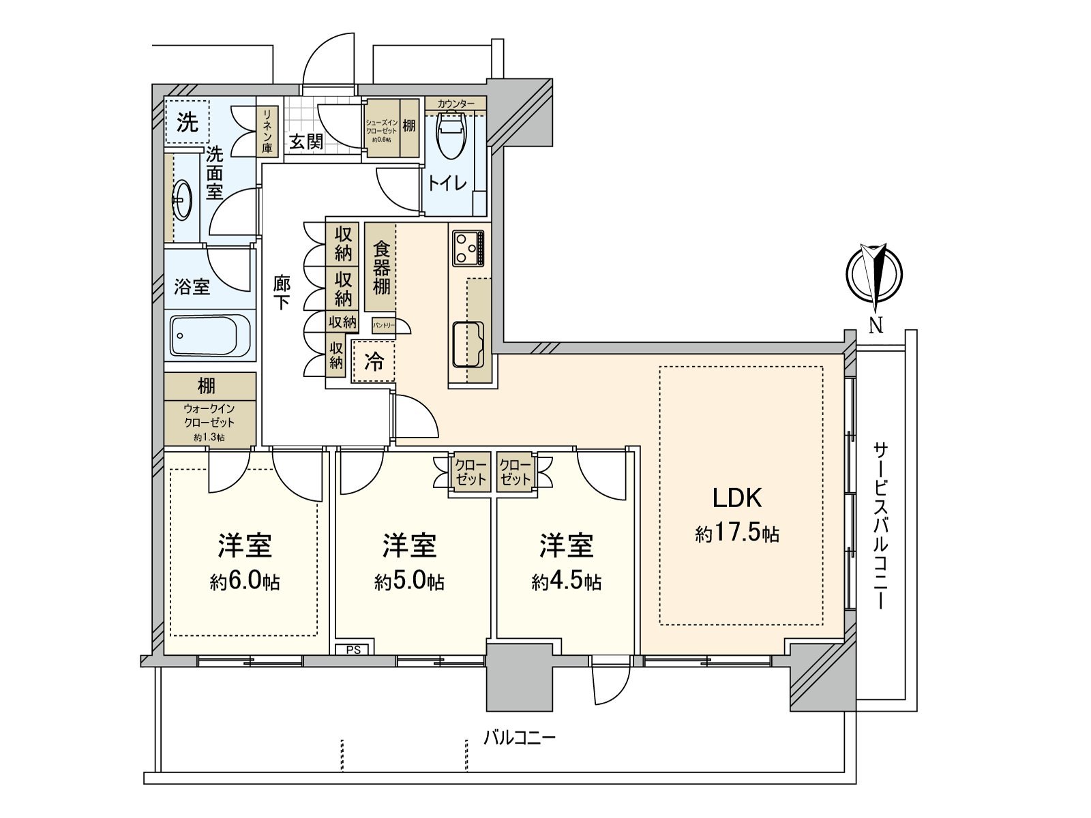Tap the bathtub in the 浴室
(211, 335)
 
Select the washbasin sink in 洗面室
(183, 199)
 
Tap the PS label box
(353, 649)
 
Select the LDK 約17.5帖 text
(737, 515)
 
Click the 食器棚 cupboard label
(381, 267)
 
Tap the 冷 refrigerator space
(373, 361)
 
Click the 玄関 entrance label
(305, 142)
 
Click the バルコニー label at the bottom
(520, 738)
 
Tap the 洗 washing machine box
(187, 123)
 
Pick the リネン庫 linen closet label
(267, 132)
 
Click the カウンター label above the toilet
(455, 104)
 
